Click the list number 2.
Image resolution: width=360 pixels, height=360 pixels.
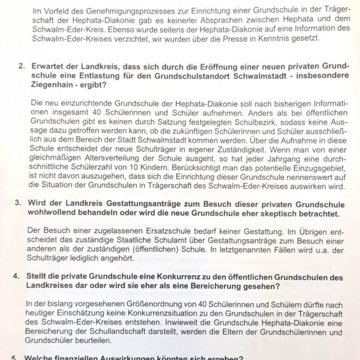(x=21, y=66)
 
